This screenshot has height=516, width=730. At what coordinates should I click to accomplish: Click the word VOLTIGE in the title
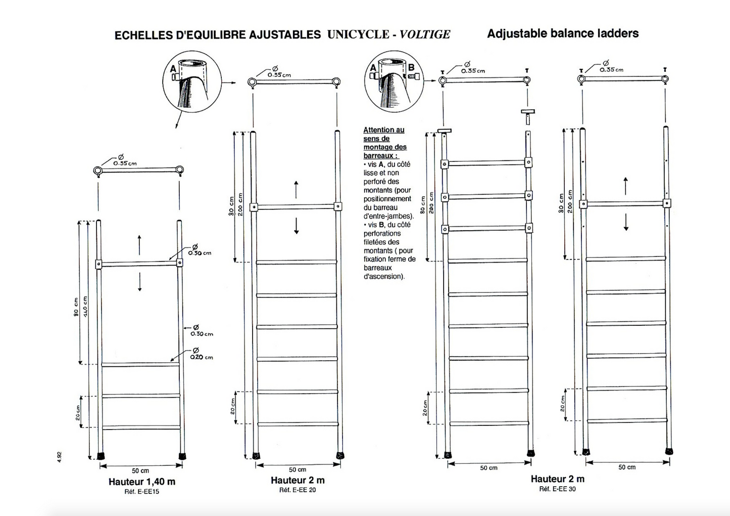424,34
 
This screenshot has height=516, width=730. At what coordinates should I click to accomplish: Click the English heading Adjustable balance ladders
562,33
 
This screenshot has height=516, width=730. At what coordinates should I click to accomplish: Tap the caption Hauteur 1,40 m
142,482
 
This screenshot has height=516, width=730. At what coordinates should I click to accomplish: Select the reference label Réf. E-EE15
142,491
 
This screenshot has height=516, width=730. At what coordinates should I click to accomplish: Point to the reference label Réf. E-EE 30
557,489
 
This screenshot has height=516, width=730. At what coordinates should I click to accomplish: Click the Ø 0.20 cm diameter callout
201,354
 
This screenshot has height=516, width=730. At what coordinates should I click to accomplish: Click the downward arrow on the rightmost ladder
625,222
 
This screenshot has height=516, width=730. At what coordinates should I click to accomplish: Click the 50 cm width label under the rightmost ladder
627,467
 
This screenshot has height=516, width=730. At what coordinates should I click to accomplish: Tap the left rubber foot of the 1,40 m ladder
102,455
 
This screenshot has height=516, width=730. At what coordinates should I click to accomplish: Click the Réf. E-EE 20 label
298,490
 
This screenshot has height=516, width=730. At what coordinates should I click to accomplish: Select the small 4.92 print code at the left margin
59,456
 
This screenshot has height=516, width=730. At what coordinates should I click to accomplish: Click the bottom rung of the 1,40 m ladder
141,427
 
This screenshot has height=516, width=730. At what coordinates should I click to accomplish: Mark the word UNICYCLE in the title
358,34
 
